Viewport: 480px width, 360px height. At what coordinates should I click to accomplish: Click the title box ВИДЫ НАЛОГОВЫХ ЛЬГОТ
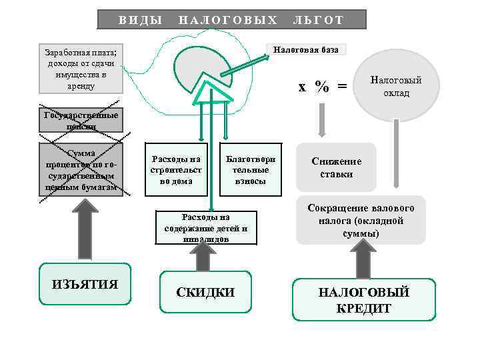[231, 19]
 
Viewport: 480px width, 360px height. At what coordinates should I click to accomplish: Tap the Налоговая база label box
[306, 50]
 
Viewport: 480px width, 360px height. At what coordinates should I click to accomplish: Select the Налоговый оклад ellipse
[396, 85]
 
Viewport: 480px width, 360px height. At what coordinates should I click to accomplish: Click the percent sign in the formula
[323, 87]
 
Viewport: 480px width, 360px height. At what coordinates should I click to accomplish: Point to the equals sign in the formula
[342, 87]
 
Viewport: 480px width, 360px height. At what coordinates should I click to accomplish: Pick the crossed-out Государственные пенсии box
[80, 120]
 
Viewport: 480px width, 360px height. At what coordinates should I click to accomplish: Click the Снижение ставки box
[336, 168]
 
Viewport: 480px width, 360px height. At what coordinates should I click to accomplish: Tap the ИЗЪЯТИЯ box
[85, 285]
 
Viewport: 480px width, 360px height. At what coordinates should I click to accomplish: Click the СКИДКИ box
[205, 292]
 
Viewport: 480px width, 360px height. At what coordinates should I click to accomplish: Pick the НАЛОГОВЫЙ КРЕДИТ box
[363, 300]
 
